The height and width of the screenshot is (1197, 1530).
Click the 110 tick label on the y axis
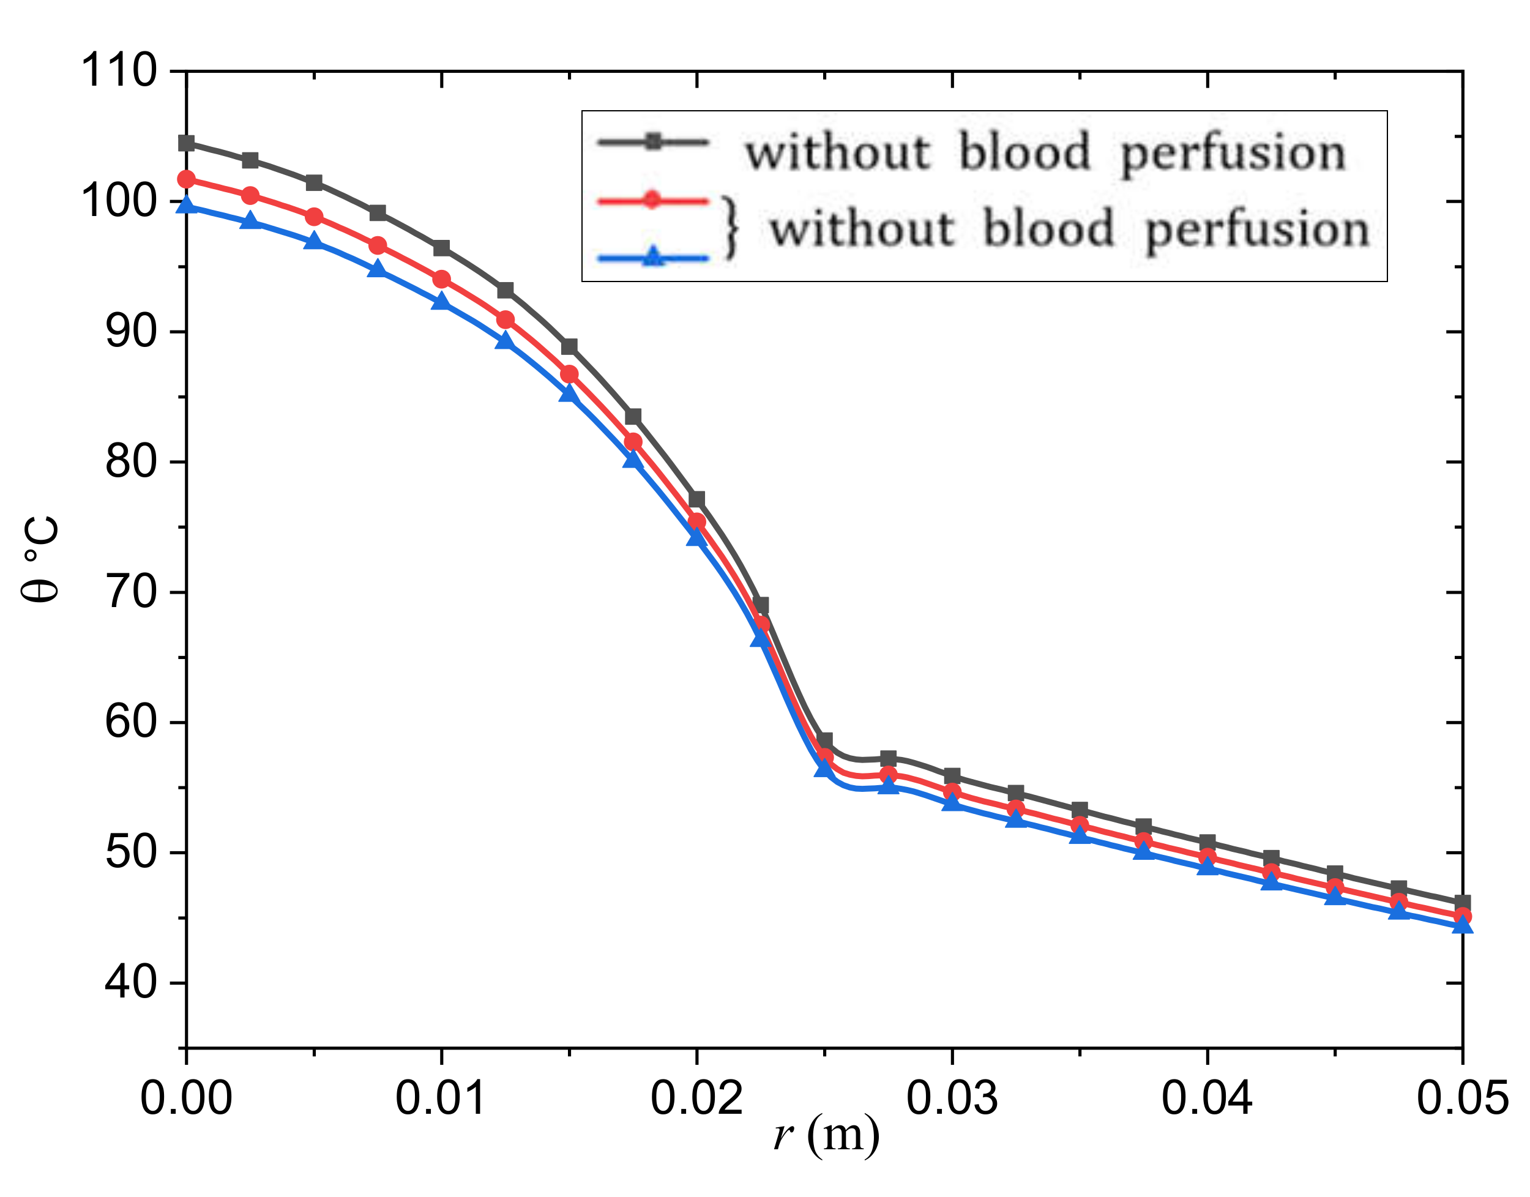click(x=119, y=70)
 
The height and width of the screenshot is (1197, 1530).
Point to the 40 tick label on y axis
click(x=130, y=983)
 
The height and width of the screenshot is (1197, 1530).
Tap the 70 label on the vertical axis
click(x=130, y=592)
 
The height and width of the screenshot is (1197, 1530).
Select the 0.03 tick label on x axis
click(x=952, y=1098)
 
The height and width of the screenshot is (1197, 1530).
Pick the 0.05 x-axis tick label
click(x=1462, y=1098)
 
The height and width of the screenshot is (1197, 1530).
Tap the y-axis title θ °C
click(x=40, y=559)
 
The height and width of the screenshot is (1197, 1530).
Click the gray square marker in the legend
click(x=653, y=142)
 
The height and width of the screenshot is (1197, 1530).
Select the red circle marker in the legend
click(x=652, y=201)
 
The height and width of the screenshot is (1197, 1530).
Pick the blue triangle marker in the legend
click(x=653, y=257)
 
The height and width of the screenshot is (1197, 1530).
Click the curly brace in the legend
click(x=730, y=228)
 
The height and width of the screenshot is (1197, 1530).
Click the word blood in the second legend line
click(x=1048, y=229)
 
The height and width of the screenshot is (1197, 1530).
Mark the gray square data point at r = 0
click(x=187, y=144)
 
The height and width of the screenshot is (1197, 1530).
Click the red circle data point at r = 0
click(x=187, y=179)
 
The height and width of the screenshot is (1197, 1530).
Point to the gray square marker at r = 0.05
click(x=1462, y=903)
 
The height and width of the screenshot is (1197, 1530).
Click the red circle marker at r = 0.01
click(x=441, y=280)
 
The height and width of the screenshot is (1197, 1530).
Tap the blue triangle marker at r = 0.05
click(x=1462, y=927)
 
